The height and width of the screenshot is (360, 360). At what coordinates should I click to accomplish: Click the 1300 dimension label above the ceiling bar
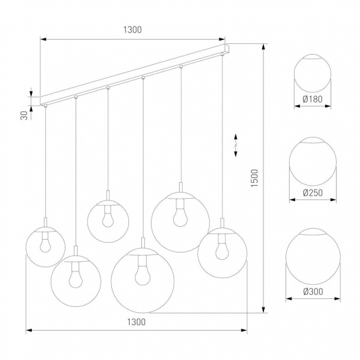pyautogui.click(x=134, y=29)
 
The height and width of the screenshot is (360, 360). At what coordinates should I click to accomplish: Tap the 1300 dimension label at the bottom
pyautogui.click(x=136, y=323)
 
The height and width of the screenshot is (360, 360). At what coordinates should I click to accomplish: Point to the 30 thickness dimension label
pyautogui.click(x=23, y=116)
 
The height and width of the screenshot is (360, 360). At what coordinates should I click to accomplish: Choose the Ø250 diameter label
pyautogui.click(x=312, y=193)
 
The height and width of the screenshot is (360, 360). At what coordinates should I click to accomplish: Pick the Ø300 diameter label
pyautogui.click(x=313, y=292)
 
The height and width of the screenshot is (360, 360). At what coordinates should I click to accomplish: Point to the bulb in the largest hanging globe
pyautogui.click(x=142, y=273)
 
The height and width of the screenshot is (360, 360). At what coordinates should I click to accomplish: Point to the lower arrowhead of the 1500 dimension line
pyautogui.click(x=263, y=309)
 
